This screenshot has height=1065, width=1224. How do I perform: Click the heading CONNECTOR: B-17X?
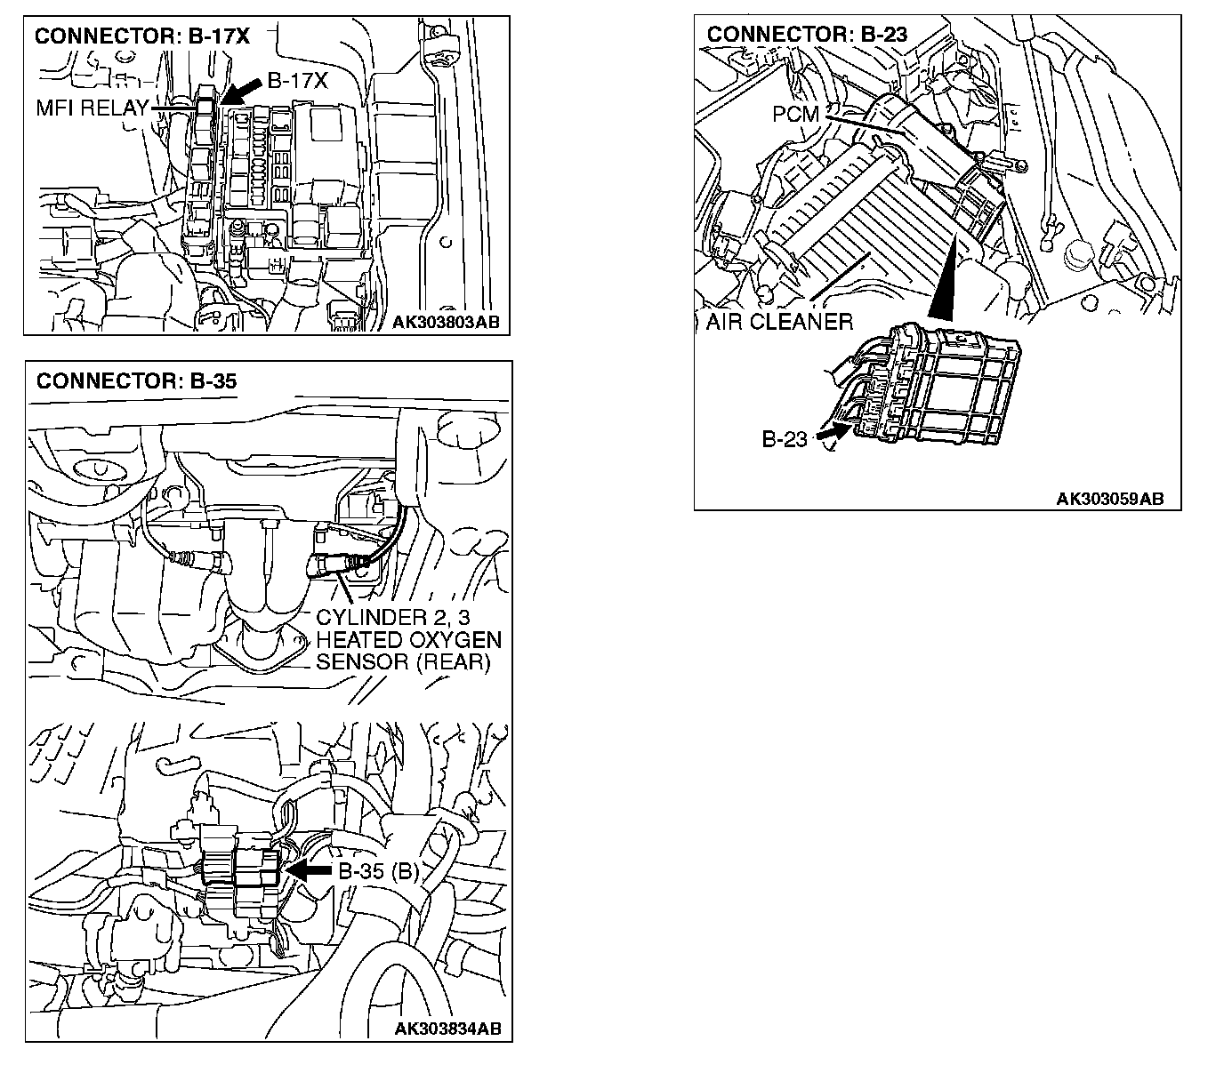coord(141,36)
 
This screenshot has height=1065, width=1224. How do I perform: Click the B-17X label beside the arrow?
coord(298,81)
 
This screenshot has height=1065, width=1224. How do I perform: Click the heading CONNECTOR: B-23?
coord(807,35)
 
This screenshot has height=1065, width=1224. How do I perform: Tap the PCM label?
coord(795,115)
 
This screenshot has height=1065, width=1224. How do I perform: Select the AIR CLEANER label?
coord(779,321)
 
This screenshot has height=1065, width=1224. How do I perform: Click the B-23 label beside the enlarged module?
coord(784,439)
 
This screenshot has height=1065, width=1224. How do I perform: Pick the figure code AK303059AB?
coord(1110,499)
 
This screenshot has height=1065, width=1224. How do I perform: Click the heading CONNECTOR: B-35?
coord(137,381)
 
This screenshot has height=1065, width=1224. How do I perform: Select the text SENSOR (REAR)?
coord(403,662)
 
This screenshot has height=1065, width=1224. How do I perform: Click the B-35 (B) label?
coord(378,871)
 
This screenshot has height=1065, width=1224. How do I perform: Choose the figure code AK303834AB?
coord(448,1029)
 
